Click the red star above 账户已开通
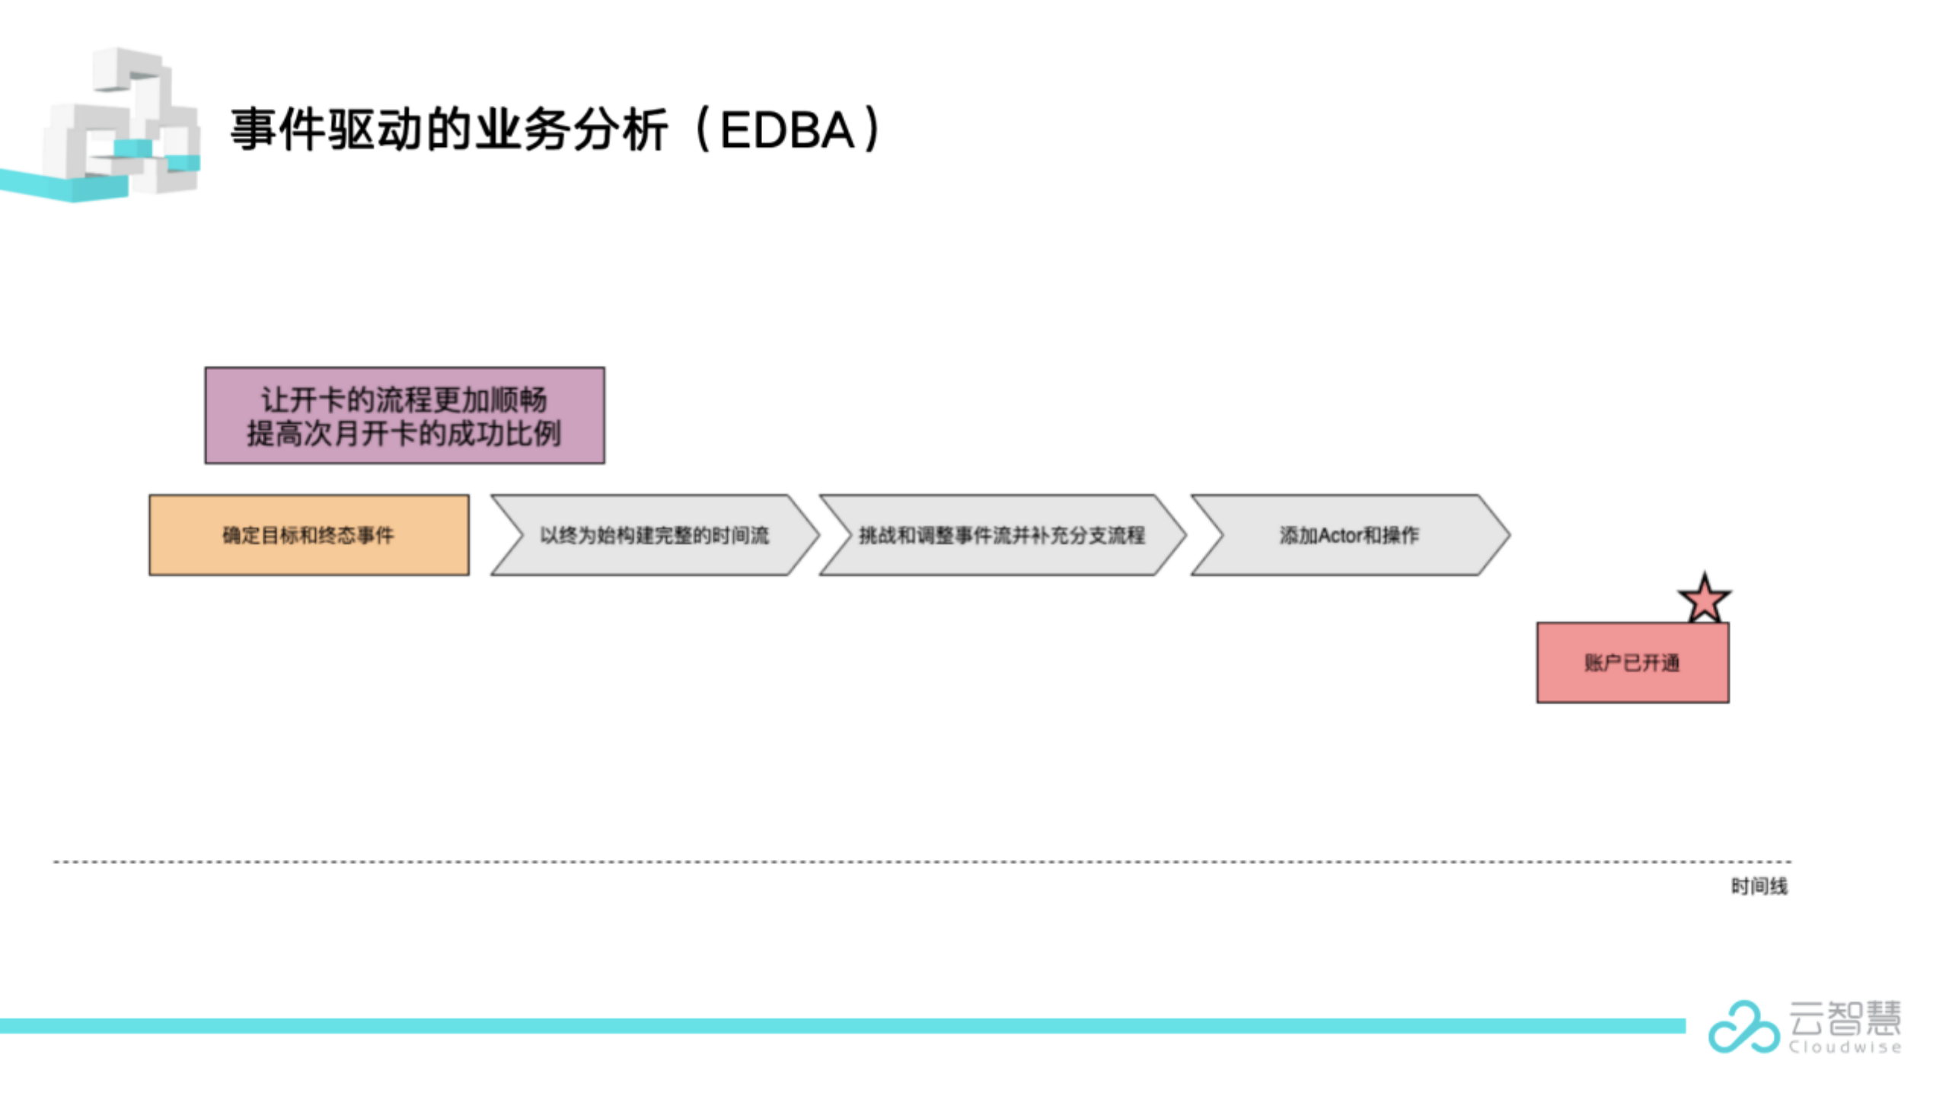[1704, 599]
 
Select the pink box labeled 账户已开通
[1632, 662]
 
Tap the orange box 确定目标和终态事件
[309, 535]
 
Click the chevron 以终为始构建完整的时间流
[655, 535]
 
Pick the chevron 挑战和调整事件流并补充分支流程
[1002, 535]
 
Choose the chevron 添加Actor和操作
[1350, 535]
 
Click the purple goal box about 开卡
[405, 416]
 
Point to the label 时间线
[1759, 886]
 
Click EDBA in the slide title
[787, 130]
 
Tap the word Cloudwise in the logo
[1845, 1047]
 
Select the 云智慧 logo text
[1845, 1018]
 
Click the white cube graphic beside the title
[122, 122]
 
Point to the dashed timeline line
[923, 862]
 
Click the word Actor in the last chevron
[1339, 536]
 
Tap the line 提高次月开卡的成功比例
[404, 434]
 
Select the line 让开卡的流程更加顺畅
[404, 400]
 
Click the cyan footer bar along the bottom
[843, 1026]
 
